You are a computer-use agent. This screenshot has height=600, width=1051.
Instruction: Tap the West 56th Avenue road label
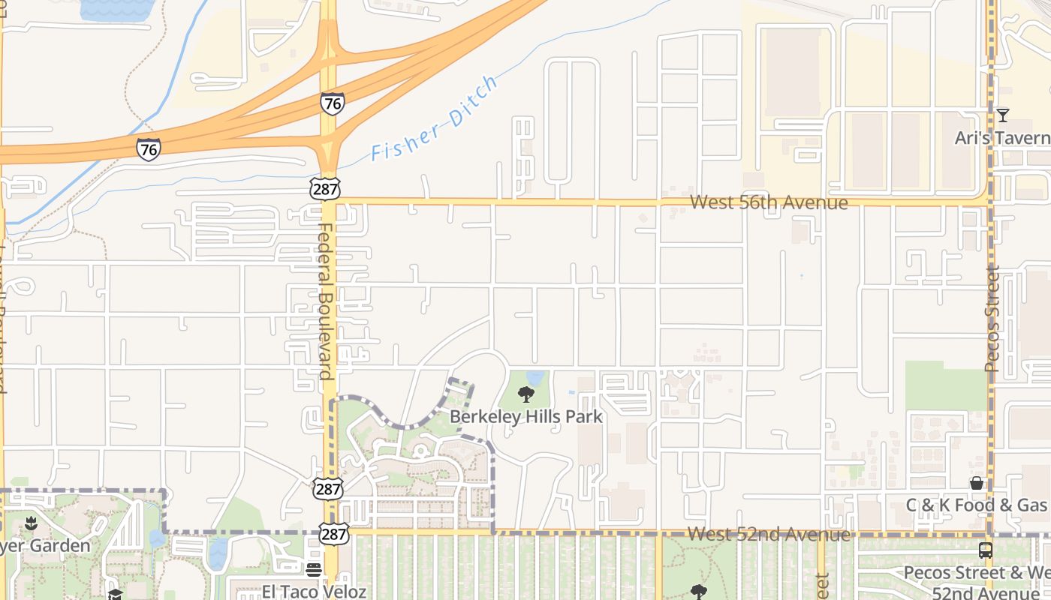769,202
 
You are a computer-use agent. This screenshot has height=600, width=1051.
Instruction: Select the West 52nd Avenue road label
769,534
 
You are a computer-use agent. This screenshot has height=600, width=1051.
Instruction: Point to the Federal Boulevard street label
326,300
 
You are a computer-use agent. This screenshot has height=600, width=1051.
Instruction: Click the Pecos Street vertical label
992,318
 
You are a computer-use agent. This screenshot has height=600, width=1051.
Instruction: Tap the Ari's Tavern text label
1002,138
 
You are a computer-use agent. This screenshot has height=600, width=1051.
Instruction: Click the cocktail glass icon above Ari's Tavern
1002,115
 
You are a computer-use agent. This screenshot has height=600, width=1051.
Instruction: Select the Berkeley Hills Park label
525,416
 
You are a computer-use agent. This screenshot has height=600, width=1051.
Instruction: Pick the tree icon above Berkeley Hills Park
525,394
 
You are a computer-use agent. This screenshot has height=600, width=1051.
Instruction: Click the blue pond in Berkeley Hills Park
535,377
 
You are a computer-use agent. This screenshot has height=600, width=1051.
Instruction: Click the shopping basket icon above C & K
977,483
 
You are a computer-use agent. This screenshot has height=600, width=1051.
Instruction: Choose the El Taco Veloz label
314,592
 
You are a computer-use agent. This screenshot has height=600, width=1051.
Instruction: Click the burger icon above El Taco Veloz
314,570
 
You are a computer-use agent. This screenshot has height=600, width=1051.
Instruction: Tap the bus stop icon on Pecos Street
986,550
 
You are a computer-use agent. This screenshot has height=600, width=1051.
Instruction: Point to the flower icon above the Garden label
31,522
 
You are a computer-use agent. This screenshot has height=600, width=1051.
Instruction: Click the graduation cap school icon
115,594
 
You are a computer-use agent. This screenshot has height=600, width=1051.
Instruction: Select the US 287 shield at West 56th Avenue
325,189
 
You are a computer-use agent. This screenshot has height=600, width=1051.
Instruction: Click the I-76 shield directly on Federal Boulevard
332,103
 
